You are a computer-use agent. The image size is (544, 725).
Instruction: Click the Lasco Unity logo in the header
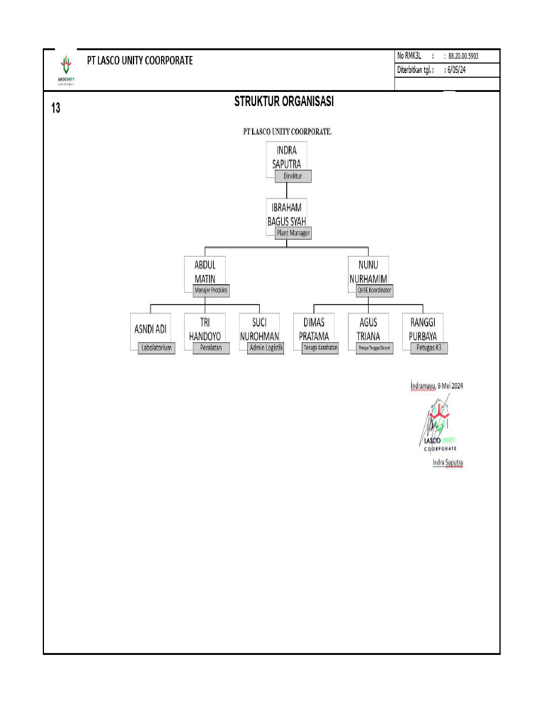pos(67,69)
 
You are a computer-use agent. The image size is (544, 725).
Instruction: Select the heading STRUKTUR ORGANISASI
pos(284,102)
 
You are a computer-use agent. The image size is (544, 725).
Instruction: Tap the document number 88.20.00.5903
pos(464,56)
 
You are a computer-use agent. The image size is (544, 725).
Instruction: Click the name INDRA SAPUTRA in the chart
pos(287,156)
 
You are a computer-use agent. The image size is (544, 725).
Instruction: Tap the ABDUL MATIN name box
pos(205,272)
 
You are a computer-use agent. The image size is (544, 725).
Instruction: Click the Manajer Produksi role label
pos(212,290)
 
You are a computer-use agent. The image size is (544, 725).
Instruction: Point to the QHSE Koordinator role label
pos(375,290)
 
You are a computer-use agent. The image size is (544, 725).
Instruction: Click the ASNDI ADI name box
pos(150,329)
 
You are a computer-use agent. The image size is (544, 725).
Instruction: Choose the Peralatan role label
pos(211,348)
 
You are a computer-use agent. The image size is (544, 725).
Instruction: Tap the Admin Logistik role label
pos(266,348)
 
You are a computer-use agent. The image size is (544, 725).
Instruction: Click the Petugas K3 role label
pos(429,348)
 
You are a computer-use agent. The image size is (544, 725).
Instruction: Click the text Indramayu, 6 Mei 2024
pos(436,386)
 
